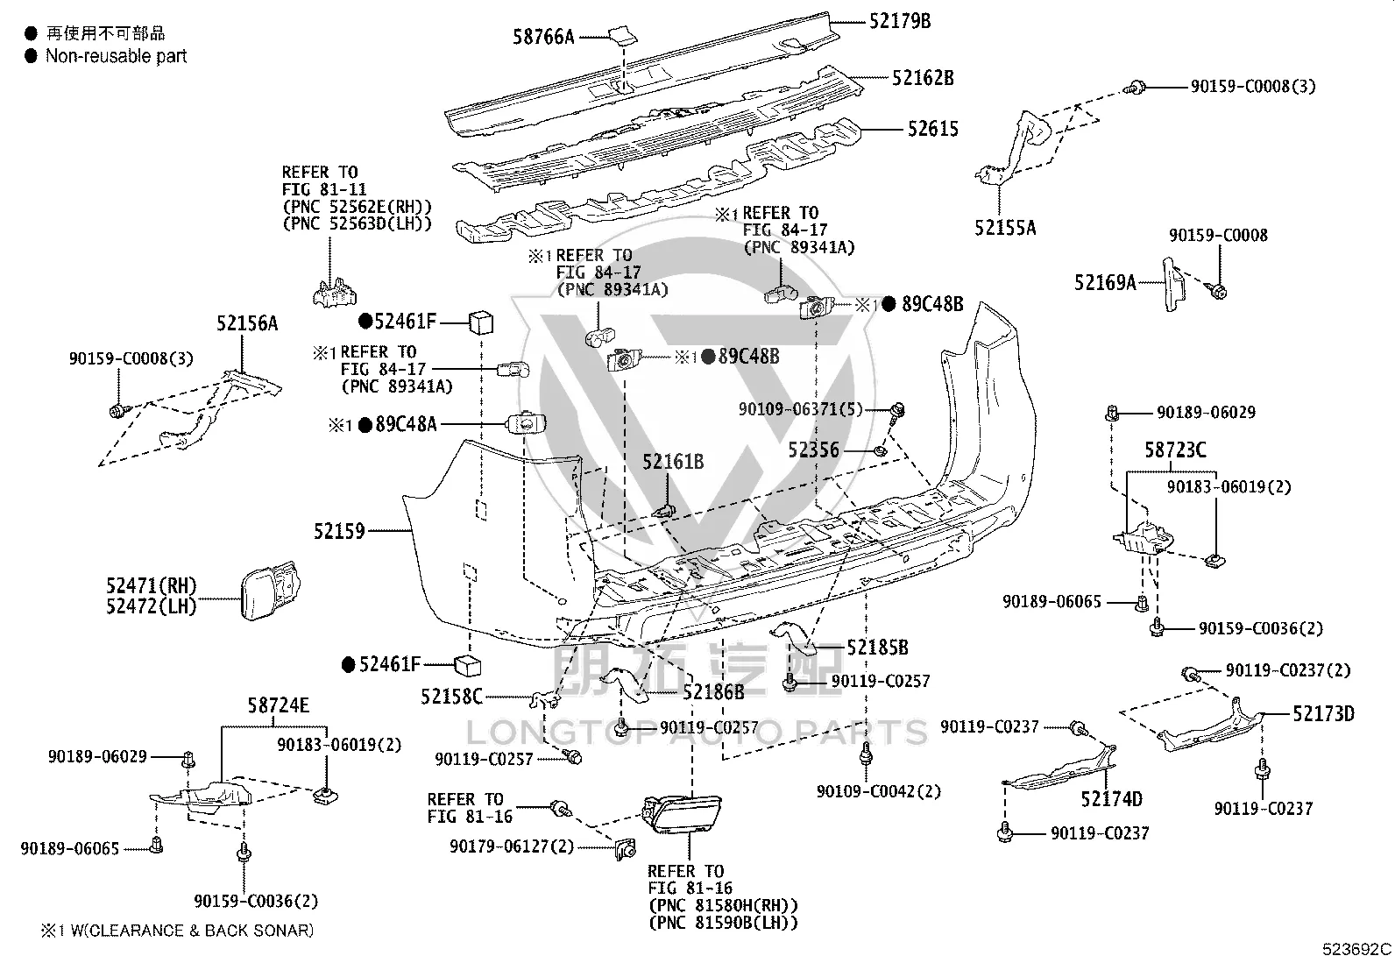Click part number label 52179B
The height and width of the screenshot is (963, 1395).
900,21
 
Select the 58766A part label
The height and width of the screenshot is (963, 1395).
543,37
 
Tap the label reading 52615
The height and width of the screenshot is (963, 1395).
933,129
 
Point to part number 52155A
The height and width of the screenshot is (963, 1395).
1005,228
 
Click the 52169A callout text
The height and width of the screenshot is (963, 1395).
1106,283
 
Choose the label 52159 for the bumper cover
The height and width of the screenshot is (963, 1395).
339,531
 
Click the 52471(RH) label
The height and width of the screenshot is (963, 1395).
152,585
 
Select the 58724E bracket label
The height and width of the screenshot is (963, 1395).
279,705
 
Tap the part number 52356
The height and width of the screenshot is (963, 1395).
814,450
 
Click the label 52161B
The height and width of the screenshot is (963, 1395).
673,462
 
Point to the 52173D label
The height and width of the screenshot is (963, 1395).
1323,714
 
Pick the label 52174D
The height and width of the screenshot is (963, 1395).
1112,798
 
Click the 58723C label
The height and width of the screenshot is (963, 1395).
1175,450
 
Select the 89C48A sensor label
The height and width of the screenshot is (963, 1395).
406,424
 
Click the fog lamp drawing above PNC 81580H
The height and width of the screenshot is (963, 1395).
682,814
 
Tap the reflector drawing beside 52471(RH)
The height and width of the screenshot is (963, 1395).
270,590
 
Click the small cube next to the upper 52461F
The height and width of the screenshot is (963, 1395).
481,322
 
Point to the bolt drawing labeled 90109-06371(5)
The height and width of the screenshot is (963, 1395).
896,413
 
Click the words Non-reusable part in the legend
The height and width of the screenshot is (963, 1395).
117,56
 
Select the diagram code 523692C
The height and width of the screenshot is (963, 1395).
1356,949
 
